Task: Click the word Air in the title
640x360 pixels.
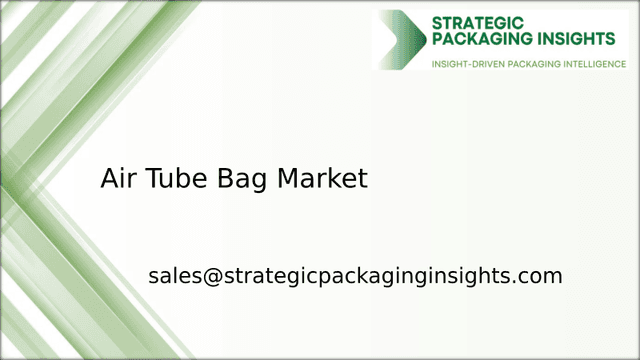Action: (118, 179)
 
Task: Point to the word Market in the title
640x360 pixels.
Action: (322, 179)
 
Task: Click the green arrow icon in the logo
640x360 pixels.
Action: (401, 39)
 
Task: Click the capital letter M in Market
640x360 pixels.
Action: (288, 179)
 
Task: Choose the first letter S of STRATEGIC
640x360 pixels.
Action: (437, 20)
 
